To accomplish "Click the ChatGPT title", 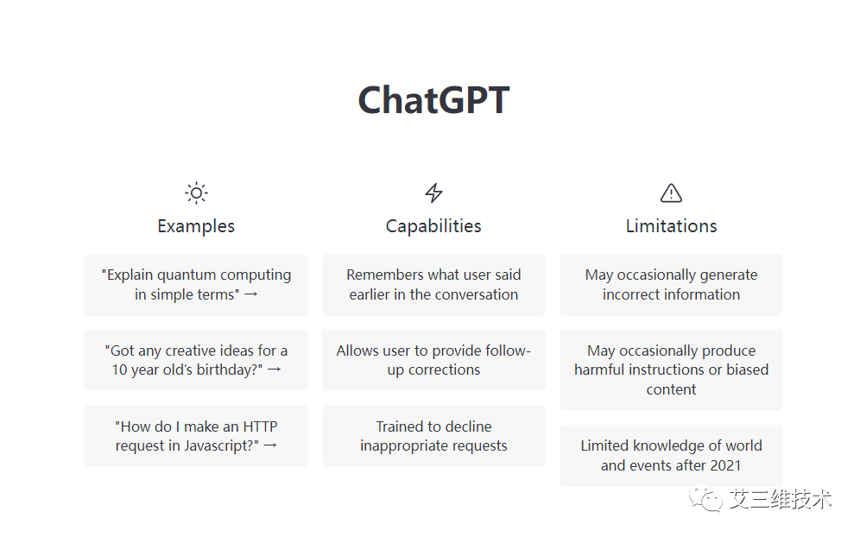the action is pyautogui.click(x=433, y=100).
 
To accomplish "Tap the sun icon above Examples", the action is pyautogui.click(x=196, y=193).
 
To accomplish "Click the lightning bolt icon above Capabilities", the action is pyautogui.click(x=433, y=193).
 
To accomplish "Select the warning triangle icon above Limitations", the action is pyautogui.click(x=671, y=193).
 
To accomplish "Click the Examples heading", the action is pyautogui.click(x=196, y=226).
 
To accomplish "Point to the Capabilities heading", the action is pyautogui.click(x=433, y=226).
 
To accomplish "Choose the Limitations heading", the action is pyautogui.click(x=671, y=226).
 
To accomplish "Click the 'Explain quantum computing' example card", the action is pyautogui.click(x=196, y=285).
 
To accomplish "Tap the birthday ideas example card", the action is pyautogui.click(x=196, y=360).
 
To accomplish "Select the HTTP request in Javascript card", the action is pyautogui.click(x=196, y=436).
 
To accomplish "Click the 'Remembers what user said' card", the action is pyautogui.click(x=433, y=285).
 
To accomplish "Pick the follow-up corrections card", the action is pyautogui.click(x=433, y=360).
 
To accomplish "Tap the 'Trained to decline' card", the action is pyautogui.click(x=433, y=436).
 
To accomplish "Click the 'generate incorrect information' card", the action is pyautogui.click(x=671, y=285).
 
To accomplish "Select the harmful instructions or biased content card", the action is pyautogui.click(x=671, y=370).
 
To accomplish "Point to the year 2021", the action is pyautogui.click(x=725, y=465).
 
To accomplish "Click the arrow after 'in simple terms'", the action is pyautogui.click(x=251, y=294).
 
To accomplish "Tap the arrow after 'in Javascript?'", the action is pyautogui.click(x=270, y=446).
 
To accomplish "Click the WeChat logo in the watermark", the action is pyautogui.click(x=706, y=498).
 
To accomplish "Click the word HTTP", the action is pyautogui.click(x=260, y=426).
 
